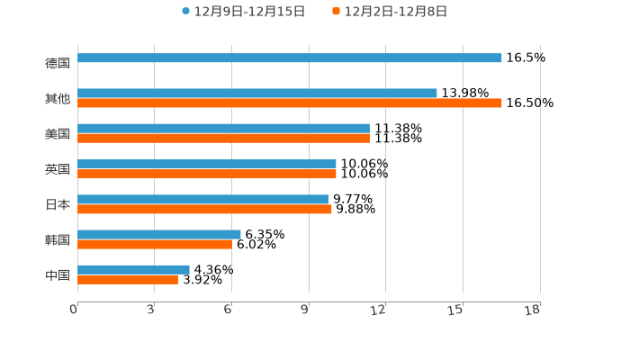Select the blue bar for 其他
257,93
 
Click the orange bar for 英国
207,174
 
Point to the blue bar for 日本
202,199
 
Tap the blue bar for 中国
133,269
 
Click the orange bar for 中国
128,280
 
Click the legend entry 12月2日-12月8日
395,12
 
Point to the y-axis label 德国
58,63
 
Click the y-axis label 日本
58,204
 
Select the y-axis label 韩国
58,239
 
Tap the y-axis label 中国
58,274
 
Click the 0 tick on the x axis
74,310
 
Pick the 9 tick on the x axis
306,310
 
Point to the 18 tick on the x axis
533,310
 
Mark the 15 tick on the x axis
455,310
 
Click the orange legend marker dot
336,12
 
